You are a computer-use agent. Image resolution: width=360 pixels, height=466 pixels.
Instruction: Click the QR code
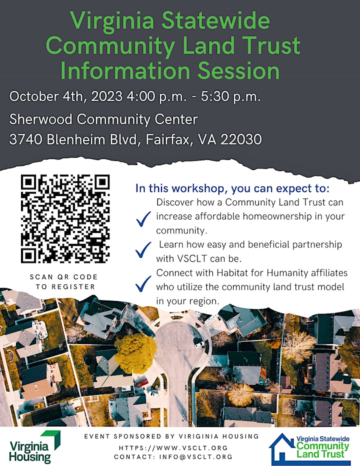[x=65, y=218]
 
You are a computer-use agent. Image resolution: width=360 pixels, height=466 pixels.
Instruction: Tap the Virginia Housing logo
[x=34, y=446]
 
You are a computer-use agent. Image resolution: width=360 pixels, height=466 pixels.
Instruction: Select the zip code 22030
[x=241, y=139]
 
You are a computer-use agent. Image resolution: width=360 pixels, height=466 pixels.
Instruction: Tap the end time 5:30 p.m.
[x=230, y=96]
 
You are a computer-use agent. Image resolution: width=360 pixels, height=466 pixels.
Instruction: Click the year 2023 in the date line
[x=106, y=96]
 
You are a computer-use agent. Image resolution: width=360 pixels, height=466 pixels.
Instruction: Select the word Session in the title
[x=238, y=70]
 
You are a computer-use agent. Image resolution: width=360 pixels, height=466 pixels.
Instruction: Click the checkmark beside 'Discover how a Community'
[x=143, y=219]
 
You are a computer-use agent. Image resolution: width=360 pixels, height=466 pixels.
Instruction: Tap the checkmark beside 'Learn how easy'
[x=143, y=250]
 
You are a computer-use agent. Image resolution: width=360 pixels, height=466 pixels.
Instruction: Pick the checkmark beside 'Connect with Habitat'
[x=143, y=284]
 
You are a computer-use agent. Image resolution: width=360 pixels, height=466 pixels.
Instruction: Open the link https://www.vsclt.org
[x=173, y=448]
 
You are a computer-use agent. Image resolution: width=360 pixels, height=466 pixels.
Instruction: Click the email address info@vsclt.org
[x=195, y=457]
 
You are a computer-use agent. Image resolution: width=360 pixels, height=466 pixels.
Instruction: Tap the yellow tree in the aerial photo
[x=135, y=353]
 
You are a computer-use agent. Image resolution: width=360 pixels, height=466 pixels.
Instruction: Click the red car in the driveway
[x=142, y=383]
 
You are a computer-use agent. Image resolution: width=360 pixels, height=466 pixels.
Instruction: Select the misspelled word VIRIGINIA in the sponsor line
[x=198, y=436]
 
